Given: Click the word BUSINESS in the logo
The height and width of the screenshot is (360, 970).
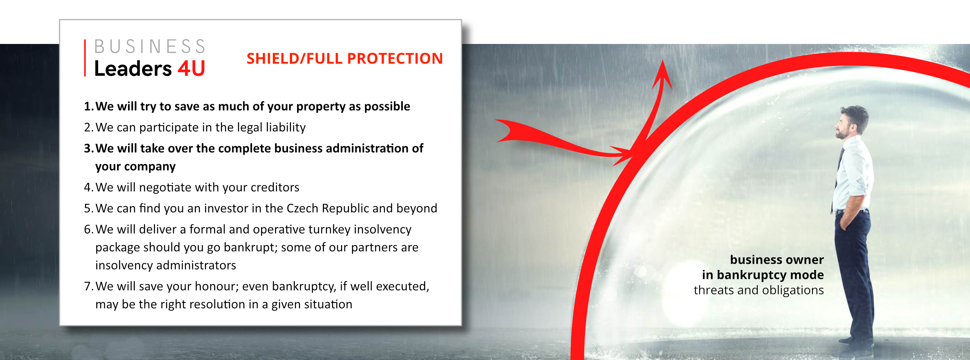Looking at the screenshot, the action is click(150, 47).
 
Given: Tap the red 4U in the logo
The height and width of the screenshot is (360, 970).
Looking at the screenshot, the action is click(192, 69).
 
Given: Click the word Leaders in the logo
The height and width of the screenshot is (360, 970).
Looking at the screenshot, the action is click(133, 69).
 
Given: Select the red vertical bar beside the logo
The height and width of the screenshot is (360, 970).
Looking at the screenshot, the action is click(85, 58).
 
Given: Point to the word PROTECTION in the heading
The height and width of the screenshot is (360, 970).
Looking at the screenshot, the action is click(395, 59).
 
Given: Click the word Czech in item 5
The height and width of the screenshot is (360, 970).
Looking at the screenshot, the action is click(303, 208).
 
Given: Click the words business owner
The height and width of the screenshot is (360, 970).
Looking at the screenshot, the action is click(777, 260).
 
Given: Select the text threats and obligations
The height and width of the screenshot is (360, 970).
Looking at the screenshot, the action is click(759, 290).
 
